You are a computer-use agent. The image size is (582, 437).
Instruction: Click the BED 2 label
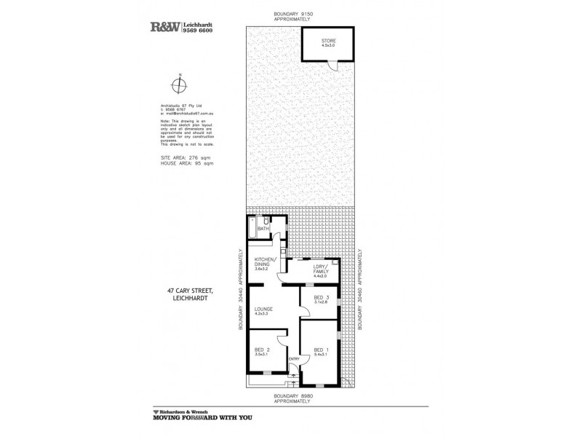(x=263, y=349)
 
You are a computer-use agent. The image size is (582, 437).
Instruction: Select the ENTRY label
(x=294, y=358)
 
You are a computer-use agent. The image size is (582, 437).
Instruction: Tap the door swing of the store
(x=332, y=67)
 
